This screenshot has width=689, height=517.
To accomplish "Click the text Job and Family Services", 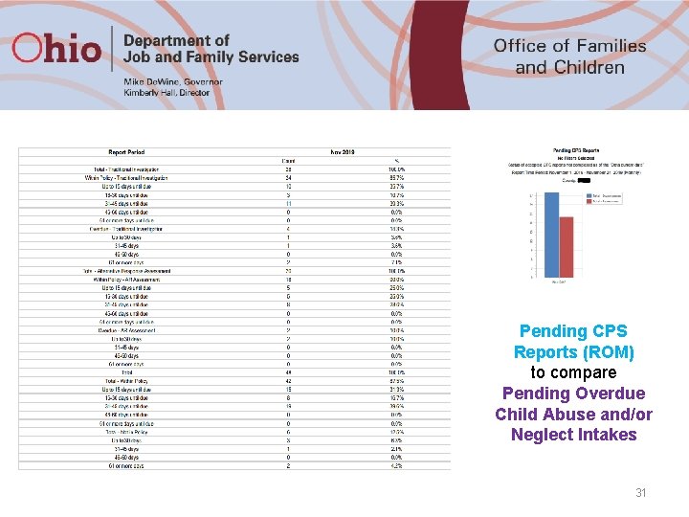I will coord(211,57).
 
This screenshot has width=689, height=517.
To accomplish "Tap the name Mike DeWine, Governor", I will coord(172,82).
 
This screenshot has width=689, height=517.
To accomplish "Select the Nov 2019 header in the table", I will coord(342,151).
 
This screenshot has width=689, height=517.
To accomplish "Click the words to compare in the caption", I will coord(573,372).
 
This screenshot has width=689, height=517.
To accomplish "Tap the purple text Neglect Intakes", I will coord(573,435).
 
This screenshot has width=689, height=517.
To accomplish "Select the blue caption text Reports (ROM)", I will coord(573,352).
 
